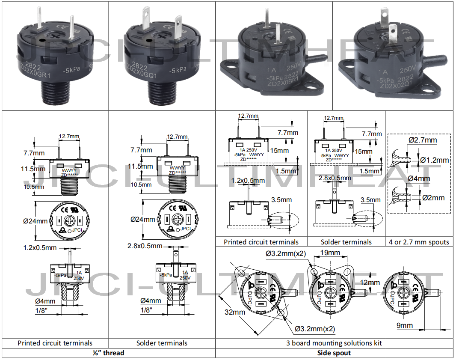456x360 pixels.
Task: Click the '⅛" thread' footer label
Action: [108, 353]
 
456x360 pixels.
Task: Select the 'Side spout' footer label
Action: [334, 353]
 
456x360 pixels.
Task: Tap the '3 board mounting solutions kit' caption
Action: [334, 343]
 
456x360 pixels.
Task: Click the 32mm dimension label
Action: [235, 312]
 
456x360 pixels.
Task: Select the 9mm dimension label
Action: [404, 325]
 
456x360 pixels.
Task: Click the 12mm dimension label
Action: [370, 283]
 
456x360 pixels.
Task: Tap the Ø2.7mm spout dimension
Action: [423, 140]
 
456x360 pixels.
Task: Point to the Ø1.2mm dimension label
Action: [435, 160]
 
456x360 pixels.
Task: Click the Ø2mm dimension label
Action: [433, 198]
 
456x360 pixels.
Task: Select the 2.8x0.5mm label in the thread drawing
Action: [145, 246]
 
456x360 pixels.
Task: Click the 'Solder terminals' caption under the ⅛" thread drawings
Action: [162, 343]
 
